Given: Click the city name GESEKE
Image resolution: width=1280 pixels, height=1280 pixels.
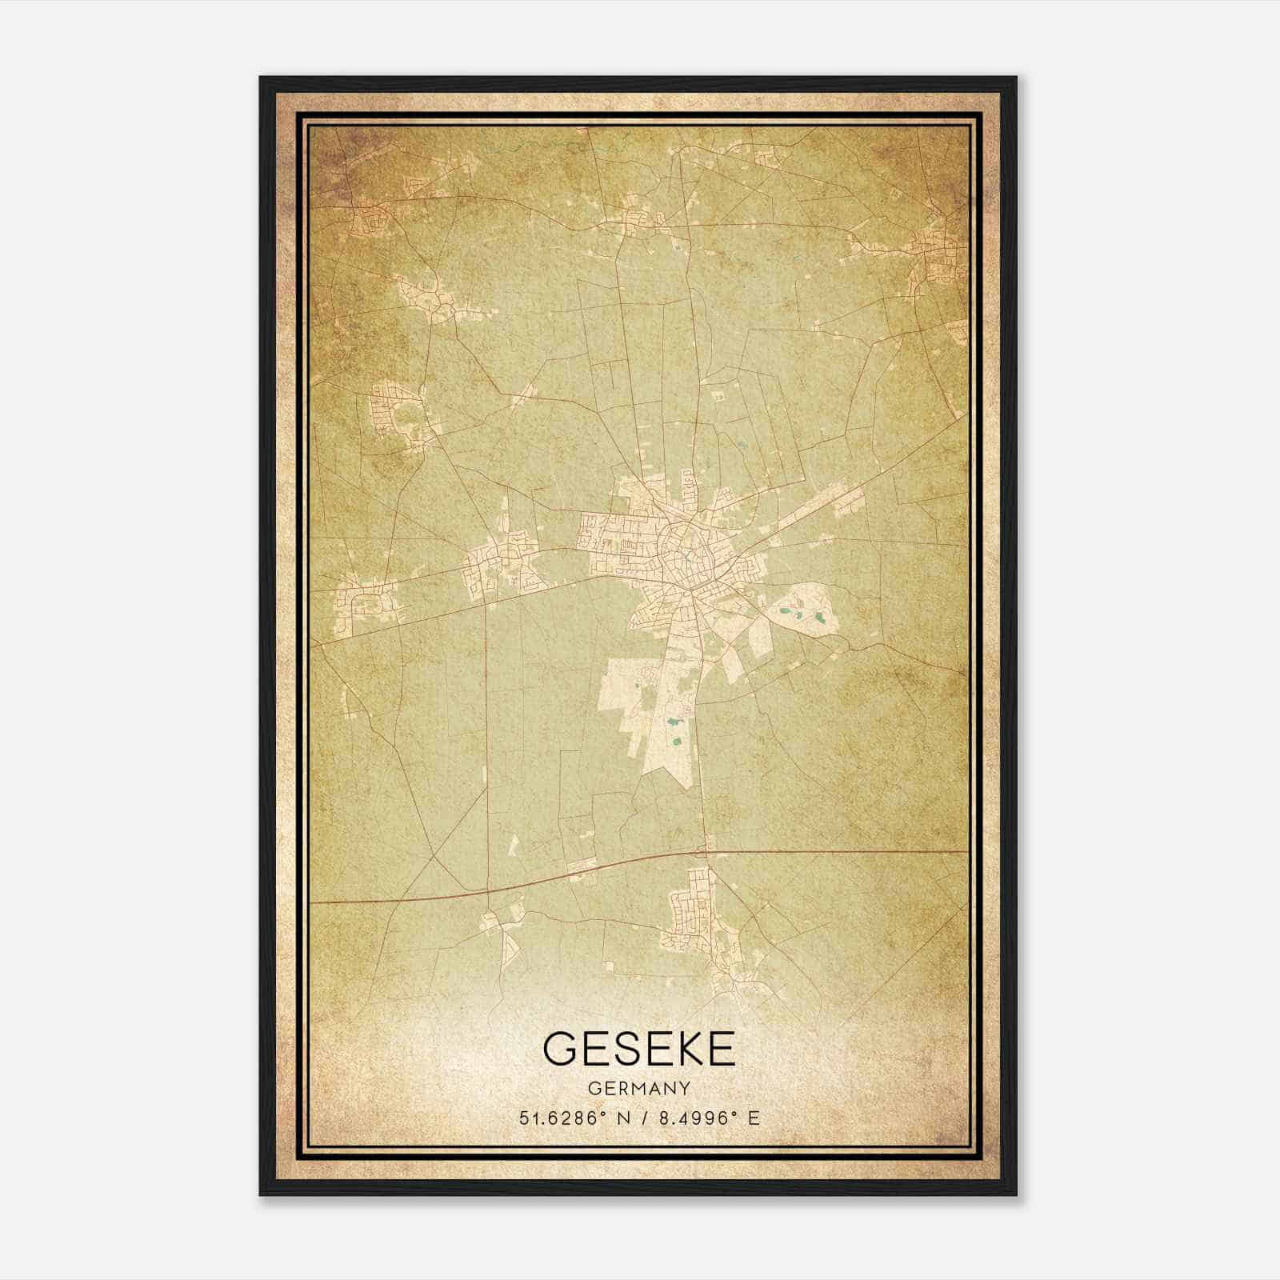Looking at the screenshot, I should point(638,1049).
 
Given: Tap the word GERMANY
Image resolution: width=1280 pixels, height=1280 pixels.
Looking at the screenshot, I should point(638,1088).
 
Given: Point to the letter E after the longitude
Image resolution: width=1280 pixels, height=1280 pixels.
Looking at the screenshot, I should point(753,1118).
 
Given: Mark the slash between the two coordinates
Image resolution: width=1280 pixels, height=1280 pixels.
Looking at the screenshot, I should point(644,1118).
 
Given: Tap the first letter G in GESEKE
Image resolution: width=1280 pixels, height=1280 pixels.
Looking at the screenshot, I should point(559,1049).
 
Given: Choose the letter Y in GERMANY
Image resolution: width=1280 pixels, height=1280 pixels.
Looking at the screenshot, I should point(684,1088).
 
